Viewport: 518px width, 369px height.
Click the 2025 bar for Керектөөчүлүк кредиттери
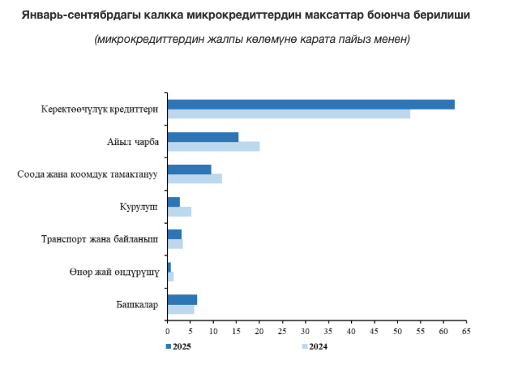pos(310,104)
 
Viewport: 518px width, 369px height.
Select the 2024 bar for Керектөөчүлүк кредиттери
pos(289,114)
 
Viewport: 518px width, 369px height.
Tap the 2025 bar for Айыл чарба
pos(203,137)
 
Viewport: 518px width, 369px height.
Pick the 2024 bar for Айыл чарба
pos(213,146)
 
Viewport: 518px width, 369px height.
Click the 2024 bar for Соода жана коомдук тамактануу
pos(195,178)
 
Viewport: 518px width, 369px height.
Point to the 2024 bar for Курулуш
pos(179,212)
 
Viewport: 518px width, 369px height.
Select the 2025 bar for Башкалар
pos(182,299)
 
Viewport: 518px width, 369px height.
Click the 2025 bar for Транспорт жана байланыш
pos(174,234)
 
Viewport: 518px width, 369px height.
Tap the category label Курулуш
pos(139,207)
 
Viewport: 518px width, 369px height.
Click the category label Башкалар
pos(136,304)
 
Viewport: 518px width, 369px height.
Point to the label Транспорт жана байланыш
pos(100,239)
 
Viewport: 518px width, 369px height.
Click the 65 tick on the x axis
pos(466,331)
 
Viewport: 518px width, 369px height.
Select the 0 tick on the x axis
pos(167,331)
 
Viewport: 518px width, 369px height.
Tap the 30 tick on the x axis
pos(305,331)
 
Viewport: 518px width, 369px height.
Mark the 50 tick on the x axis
pos(397,331)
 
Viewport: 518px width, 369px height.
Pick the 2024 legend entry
pos(314,347)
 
